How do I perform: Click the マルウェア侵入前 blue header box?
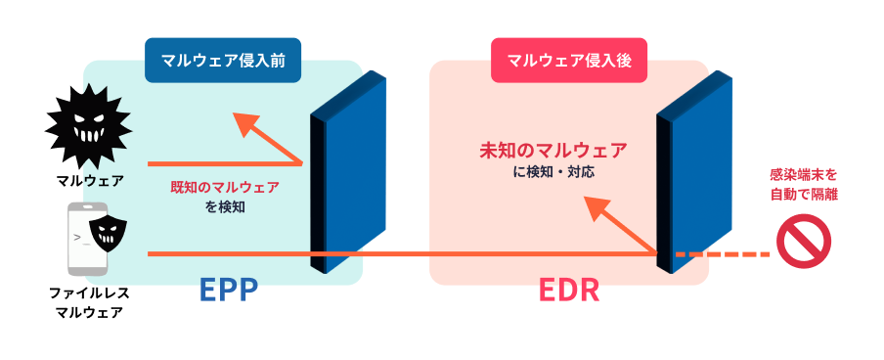(x=223, y=61)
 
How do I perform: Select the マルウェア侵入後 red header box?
(x=569, y=61)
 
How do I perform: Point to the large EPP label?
(x=228, y=291)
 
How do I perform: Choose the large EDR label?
(x=569, y=291)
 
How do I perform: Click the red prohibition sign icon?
(x=804, y=242)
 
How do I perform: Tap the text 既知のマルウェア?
(x=225, y=187)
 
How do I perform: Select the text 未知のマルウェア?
(x=553, y=151)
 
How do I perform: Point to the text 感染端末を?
(x=804, y=174)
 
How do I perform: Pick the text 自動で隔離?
(x=804, y=195)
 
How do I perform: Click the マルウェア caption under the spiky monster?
(x=90, y=182)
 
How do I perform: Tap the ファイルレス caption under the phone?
(x=90, y=292)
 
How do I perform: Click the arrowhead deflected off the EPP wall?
(x=246, y=124)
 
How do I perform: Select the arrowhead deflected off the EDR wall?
(x=597, y=210)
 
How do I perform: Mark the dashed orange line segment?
(x=723, y=254)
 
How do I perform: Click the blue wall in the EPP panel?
(x=348, y=172)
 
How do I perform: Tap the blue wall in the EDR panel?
(x=694, y=172)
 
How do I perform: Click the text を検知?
(x=225, y=207)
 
